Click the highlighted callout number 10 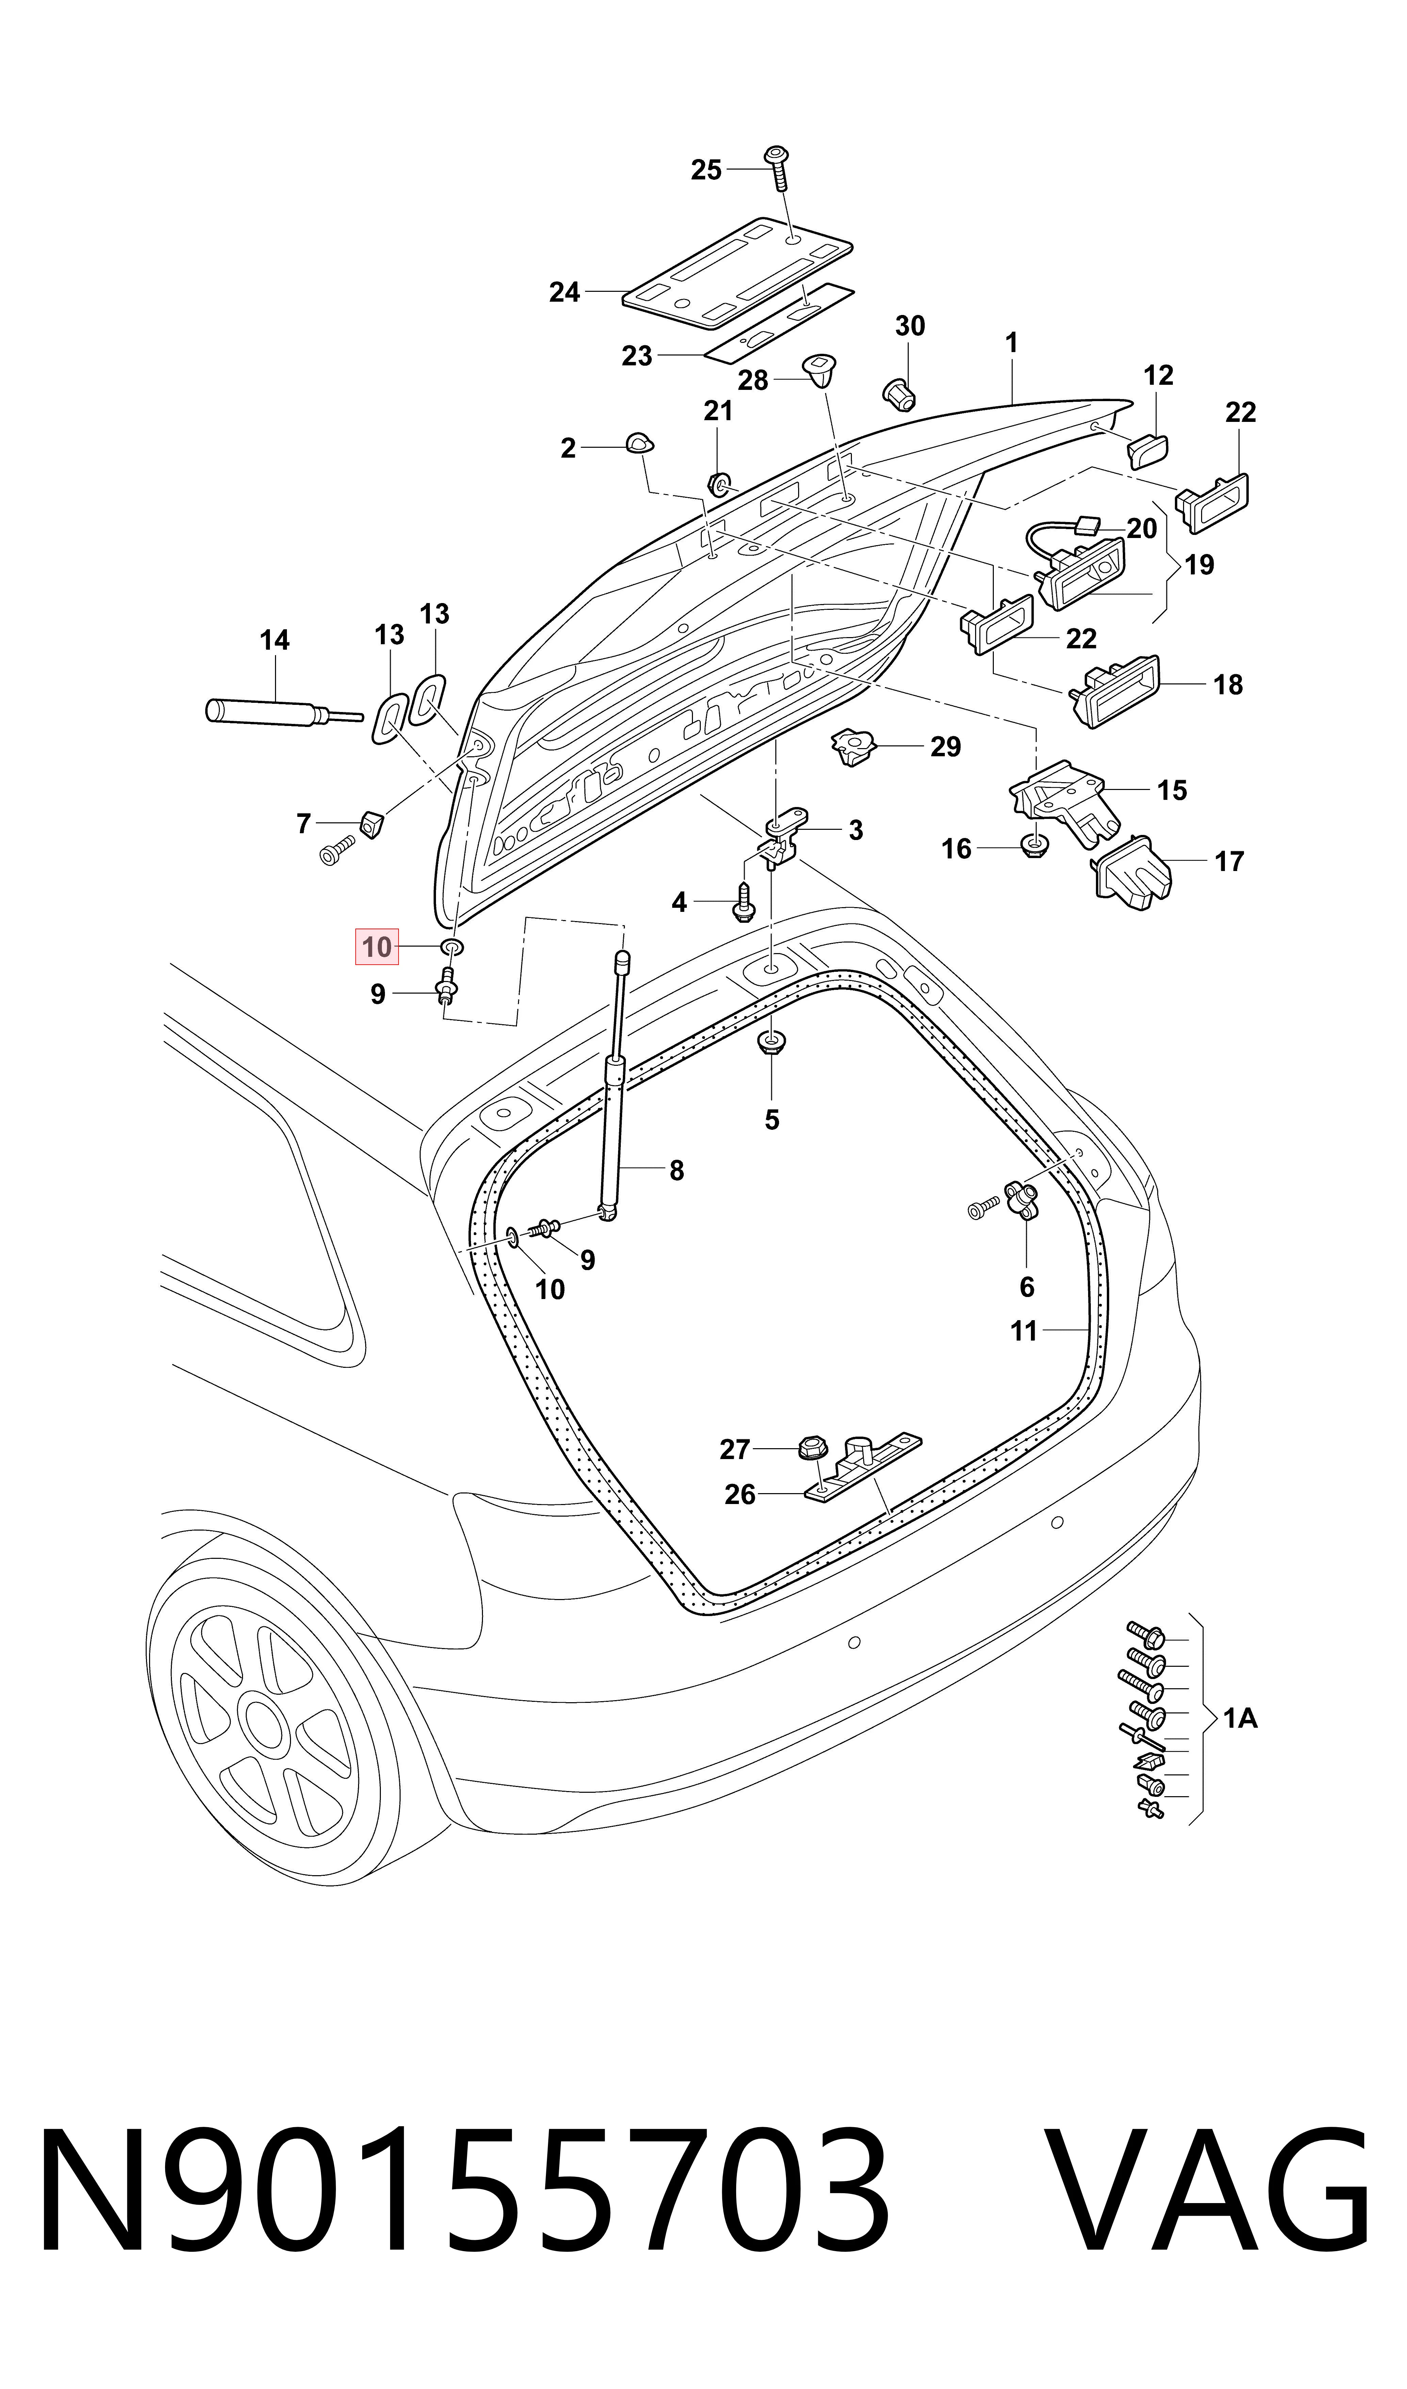pos(376,947)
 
